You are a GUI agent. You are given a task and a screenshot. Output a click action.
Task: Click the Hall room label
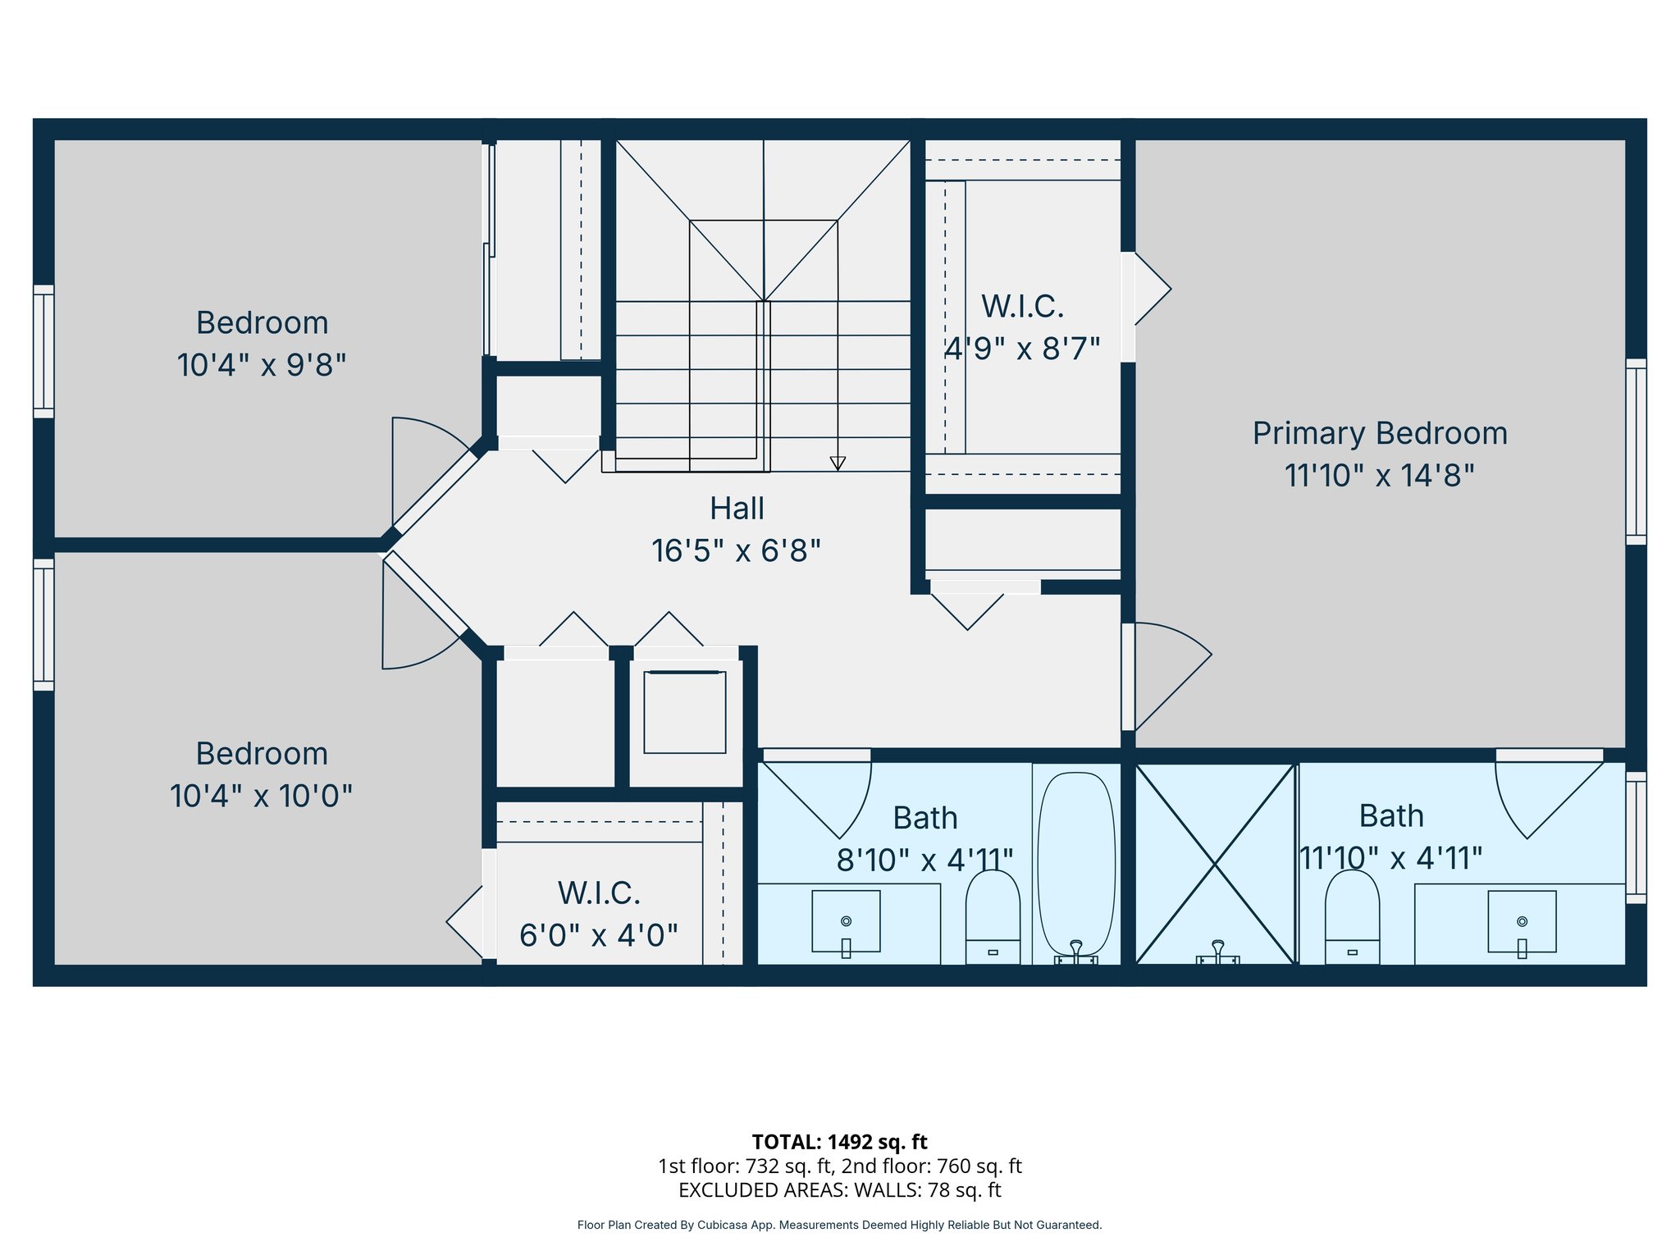click(737, 509)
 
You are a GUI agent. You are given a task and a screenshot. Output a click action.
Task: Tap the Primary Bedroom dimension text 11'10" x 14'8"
click(1379, 476)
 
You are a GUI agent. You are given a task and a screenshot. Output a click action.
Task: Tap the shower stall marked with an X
click(1214, 863)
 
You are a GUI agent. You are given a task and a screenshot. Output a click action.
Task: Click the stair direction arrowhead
click(838, 463)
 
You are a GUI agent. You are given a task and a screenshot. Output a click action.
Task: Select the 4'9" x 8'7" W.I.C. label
click(1022, 349)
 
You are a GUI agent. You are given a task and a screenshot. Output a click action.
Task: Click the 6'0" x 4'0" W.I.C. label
click(599, 934)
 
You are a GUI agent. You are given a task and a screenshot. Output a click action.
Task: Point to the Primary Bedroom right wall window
click(1636, 451)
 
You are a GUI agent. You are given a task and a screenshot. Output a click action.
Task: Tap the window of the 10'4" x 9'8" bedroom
click(43, 351)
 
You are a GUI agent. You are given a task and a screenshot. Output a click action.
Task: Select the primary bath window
click(1636, 837)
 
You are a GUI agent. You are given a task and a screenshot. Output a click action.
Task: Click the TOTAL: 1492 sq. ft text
click(839, 1142)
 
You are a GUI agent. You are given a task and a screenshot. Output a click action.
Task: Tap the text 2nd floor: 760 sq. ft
click(932, 1166)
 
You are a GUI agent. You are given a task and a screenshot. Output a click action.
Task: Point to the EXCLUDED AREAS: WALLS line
click(839, 1189)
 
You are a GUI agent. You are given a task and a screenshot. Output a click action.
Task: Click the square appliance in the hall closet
click(685, 712)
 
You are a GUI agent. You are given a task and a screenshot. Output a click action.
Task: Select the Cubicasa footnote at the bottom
click(839, 1225)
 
